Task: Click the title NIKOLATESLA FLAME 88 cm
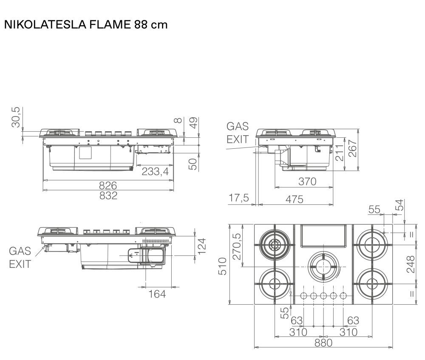86,25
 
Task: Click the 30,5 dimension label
16,117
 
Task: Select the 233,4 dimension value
155,171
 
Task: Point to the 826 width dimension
108,185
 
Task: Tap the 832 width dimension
108,196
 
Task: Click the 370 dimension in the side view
307,181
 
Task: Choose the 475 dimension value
295,199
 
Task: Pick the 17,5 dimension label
238,198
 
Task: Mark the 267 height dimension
352,148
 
